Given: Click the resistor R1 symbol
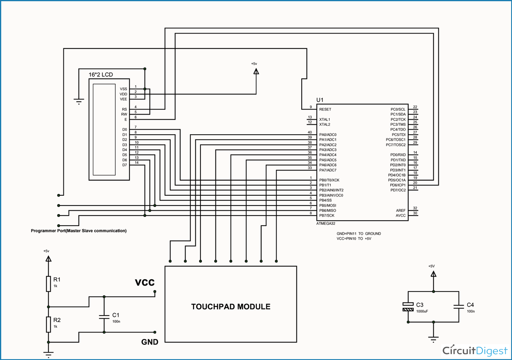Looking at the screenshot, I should [x=48, y=284].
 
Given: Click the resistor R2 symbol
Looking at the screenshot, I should [x=48, y=324].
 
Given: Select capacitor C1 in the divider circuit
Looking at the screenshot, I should [x=104, y=315].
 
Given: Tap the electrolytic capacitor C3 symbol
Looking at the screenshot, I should [x=408, y=307].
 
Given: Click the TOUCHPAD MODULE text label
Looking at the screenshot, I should [x=231, y=306].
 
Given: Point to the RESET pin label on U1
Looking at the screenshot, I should [x=325, y=109].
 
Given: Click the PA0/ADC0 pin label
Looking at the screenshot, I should [x=328, y=135].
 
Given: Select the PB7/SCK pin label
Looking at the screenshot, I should [x=327, y=215].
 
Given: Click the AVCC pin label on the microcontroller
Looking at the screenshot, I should [x=401, y=215].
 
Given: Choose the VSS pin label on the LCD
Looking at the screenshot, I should [x=123, y=89].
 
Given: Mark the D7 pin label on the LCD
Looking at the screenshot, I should [x=124, y=165].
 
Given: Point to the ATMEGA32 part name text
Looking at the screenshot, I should [x=326, y=223].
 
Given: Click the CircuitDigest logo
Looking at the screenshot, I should [x=475, y=350].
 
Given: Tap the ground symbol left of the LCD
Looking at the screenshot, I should [x=79, y=101].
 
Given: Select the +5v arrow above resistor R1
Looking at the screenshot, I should [x=48, y=259].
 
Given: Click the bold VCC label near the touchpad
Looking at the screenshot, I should [x=145, y=282].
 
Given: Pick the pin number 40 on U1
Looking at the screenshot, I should [x=310, y=132].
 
